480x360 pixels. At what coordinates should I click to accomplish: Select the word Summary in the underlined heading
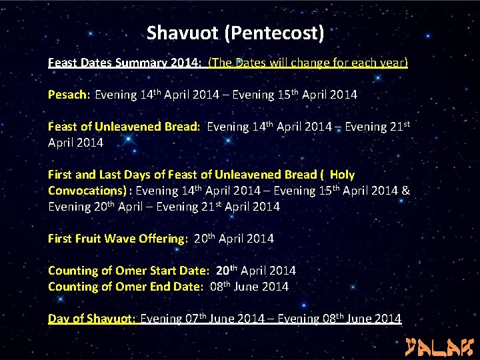(141, 63)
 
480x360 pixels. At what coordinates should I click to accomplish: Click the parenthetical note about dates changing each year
(307, 63)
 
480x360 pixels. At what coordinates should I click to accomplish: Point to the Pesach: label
(69, 95)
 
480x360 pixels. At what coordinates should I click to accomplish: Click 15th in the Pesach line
(287, 95)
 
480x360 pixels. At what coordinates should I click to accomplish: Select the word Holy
(342, 175)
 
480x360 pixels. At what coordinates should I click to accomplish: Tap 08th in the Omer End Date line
(219, 287)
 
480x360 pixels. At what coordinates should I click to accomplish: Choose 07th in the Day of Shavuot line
(194, 319)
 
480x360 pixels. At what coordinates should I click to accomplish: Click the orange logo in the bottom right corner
(439, 346)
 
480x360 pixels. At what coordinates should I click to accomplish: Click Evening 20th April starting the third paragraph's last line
(91, 207)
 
